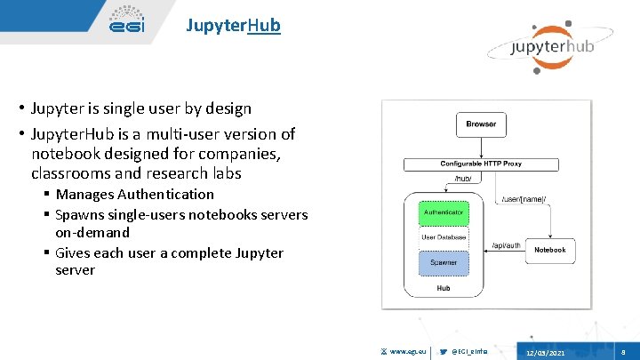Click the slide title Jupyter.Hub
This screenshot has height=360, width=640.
pyautogui.click(x=233, y=25)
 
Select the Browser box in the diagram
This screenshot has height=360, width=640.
pyautogui.click(x=481, y=124)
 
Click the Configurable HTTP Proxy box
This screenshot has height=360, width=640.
pyautogui.click(x=481, y=164)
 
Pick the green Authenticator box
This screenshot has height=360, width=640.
pyautogui.click(x=442, y=213)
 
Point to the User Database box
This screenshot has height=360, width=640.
pyautogui.click(x=442, y=237)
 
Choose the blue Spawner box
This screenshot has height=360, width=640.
pyautogui.click(x=442, y=262)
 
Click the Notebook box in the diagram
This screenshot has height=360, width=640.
pyautogui.click(x=549, y=251)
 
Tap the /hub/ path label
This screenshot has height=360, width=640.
pyautogui.click(x=462, y=180)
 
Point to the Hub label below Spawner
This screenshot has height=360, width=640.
pyautogui.click(x=442, y=288)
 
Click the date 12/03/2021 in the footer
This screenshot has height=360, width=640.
pyautogui.click(x=545, y=353)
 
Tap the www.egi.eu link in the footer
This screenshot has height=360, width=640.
pyautogui.click(x=405, y=352)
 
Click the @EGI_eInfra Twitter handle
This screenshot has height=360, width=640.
pyautogui.click(x=470, y=352)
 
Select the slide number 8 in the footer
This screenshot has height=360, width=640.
pyautogui.click(x=623, y=352)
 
